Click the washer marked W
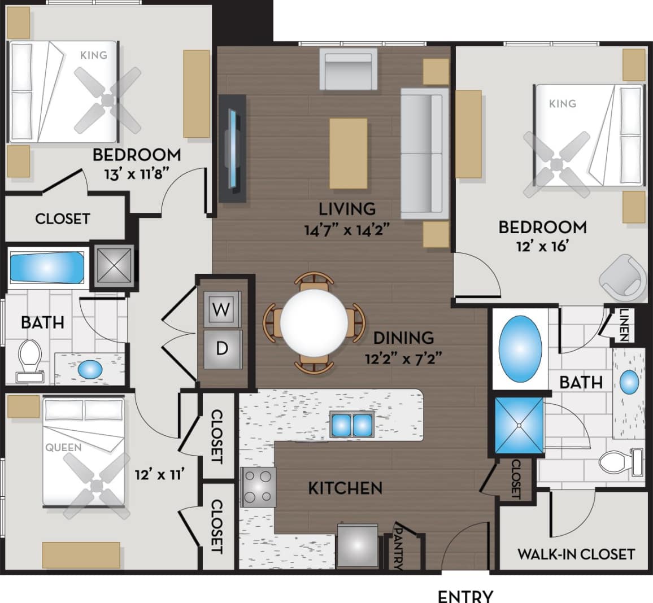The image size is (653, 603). pyautogui.click(x=221, y=309)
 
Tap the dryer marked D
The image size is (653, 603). pyautogui.click(x=222, y=348)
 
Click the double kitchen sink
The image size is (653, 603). pyautogui.click(x=352, y=424)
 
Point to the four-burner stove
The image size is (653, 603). pyautogui.click(x=258, y=487)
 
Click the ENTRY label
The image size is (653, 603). pyautogui.click(x=465, y=596)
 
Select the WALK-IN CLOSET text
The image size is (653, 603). pyautogui.click(x=576, y=554)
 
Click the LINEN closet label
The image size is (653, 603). pyautogui.click(x=624, y=325)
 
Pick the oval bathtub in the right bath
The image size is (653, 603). pyautogui.click(x=521, y=348)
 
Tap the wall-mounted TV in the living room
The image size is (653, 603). pyautogui.click(x=233, y=148)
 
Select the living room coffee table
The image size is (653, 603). pyautogui.click(x=349, y=153)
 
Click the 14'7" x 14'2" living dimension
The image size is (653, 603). pyautogui.click(x=347, y=230)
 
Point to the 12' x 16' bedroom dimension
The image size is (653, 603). pyautogui.click(x=541, y=247)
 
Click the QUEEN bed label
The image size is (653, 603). pyautogui.click(x=63, y=448)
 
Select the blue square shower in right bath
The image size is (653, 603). pyautogui.click(x=519, y=426)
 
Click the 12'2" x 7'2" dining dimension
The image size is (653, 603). pyautogui.click(x=403, y=358)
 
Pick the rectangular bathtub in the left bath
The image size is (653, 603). pyautogui.click(x=47, y=268)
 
